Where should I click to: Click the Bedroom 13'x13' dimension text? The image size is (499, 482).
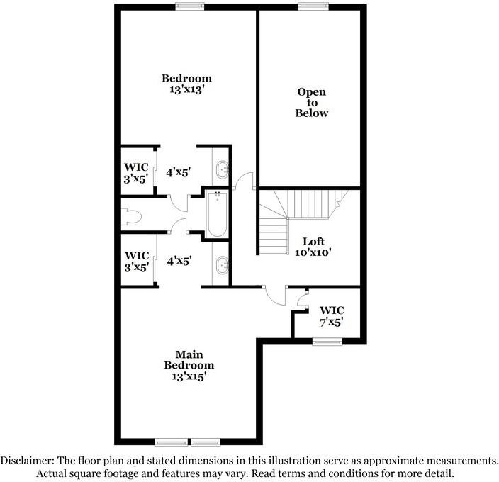click(x=186, y=91)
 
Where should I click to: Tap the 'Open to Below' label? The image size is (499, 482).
click(x=313, y=102)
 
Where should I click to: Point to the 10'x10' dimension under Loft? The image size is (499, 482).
click(x=313, y=252)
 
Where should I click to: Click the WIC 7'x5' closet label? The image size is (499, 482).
click(x=332, y=315)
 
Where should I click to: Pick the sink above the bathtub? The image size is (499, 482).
click(x=222, y=169)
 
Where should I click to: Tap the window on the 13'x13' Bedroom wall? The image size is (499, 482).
click(x=186, y=6)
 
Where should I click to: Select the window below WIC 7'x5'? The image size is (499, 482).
click(x=327, y=342)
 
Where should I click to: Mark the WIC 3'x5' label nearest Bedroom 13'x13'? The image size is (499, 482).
click(x=136, y=173)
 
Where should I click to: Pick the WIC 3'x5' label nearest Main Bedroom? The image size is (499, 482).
click(x=136, y=260)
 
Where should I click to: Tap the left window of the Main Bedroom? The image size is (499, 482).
click(x=171, y=442)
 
